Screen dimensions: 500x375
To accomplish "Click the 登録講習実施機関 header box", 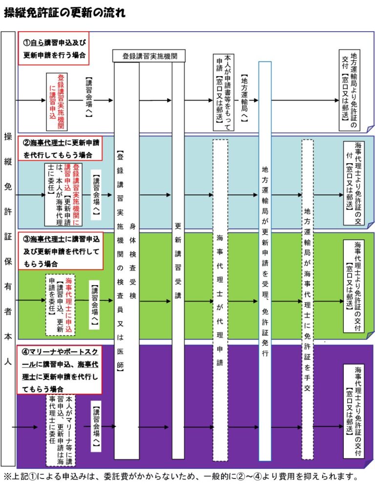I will (149, 56).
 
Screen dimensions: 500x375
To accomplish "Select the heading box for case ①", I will (55, 49).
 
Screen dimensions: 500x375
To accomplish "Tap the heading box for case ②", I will (61, 148).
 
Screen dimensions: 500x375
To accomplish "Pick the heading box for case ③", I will (61, 251).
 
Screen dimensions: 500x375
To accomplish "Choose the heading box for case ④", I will (59, 370).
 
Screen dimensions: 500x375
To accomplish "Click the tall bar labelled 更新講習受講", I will (178, 259).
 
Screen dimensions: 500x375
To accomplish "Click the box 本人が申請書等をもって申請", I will (224, 93).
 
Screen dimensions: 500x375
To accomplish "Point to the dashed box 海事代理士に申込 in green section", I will (61, 305).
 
